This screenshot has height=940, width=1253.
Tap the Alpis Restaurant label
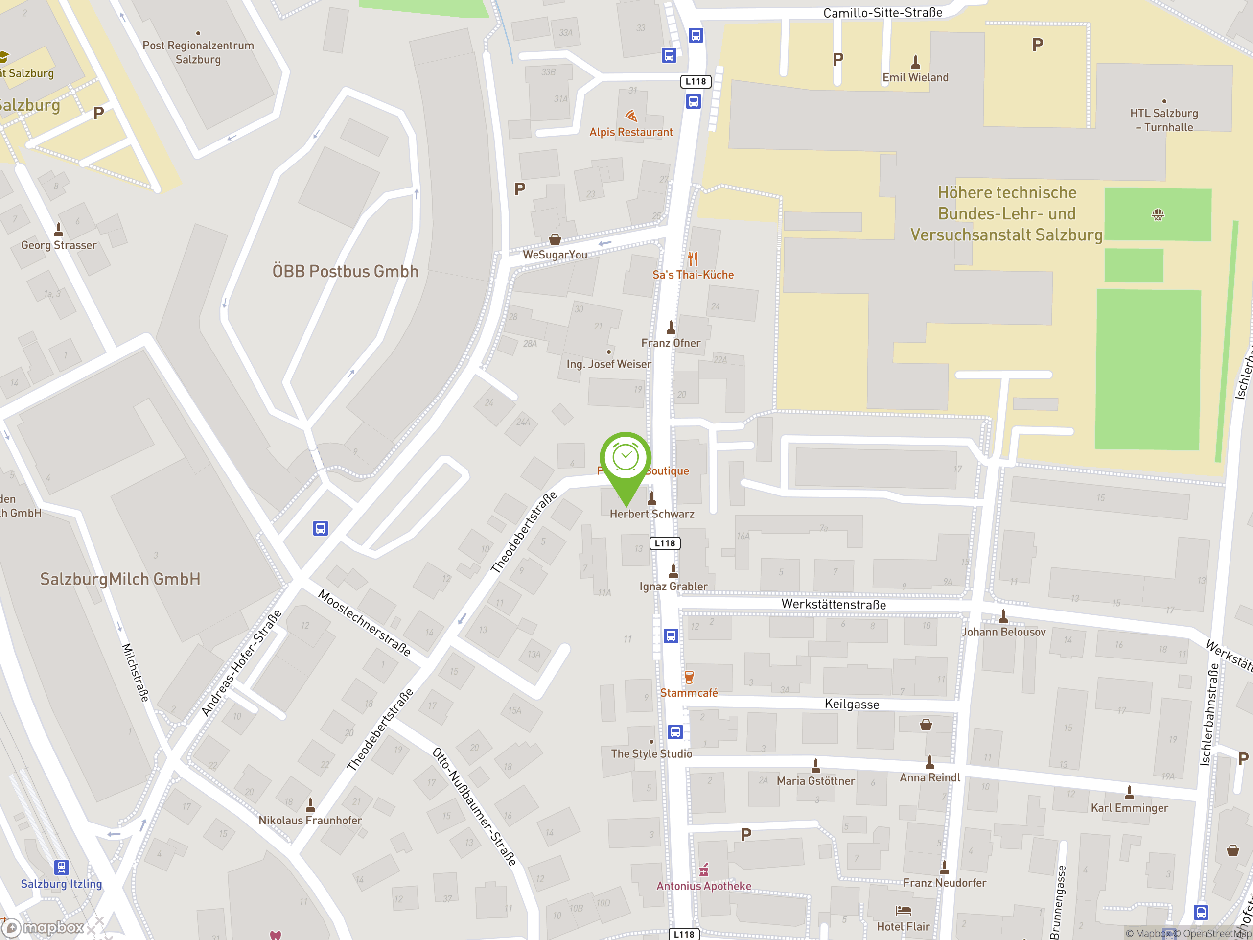tap(630, 132)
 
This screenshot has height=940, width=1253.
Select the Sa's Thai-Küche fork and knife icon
tap(693, 259)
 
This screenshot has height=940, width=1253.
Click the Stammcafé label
tap(689, 692)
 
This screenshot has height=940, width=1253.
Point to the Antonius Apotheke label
tap(703, 886)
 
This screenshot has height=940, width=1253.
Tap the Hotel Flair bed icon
tap(903, 911)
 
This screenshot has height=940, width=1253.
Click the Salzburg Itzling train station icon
tap(61, 867)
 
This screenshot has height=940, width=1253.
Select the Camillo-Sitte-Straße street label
tap(882, 12)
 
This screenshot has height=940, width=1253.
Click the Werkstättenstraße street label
tap(833, 604)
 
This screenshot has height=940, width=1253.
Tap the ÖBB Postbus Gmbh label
tap(346, 271)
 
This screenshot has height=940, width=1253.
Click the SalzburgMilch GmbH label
tap(120, 579)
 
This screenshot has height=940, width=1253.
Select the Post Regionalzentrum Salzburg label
tap(198, 52)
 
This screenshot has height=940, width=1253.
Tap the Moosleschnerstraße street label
tap(364, 623)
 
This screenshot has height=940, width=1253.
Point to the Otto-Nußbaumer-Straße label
tap(474, 806)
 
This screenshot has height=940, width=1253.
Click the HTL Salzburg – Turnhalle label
tap(1164, 120)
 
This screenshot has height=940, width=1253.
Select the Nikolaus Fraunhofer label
tap(310, 820)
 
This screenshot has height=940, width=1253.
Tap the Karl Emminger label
tap(1129, 807)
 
